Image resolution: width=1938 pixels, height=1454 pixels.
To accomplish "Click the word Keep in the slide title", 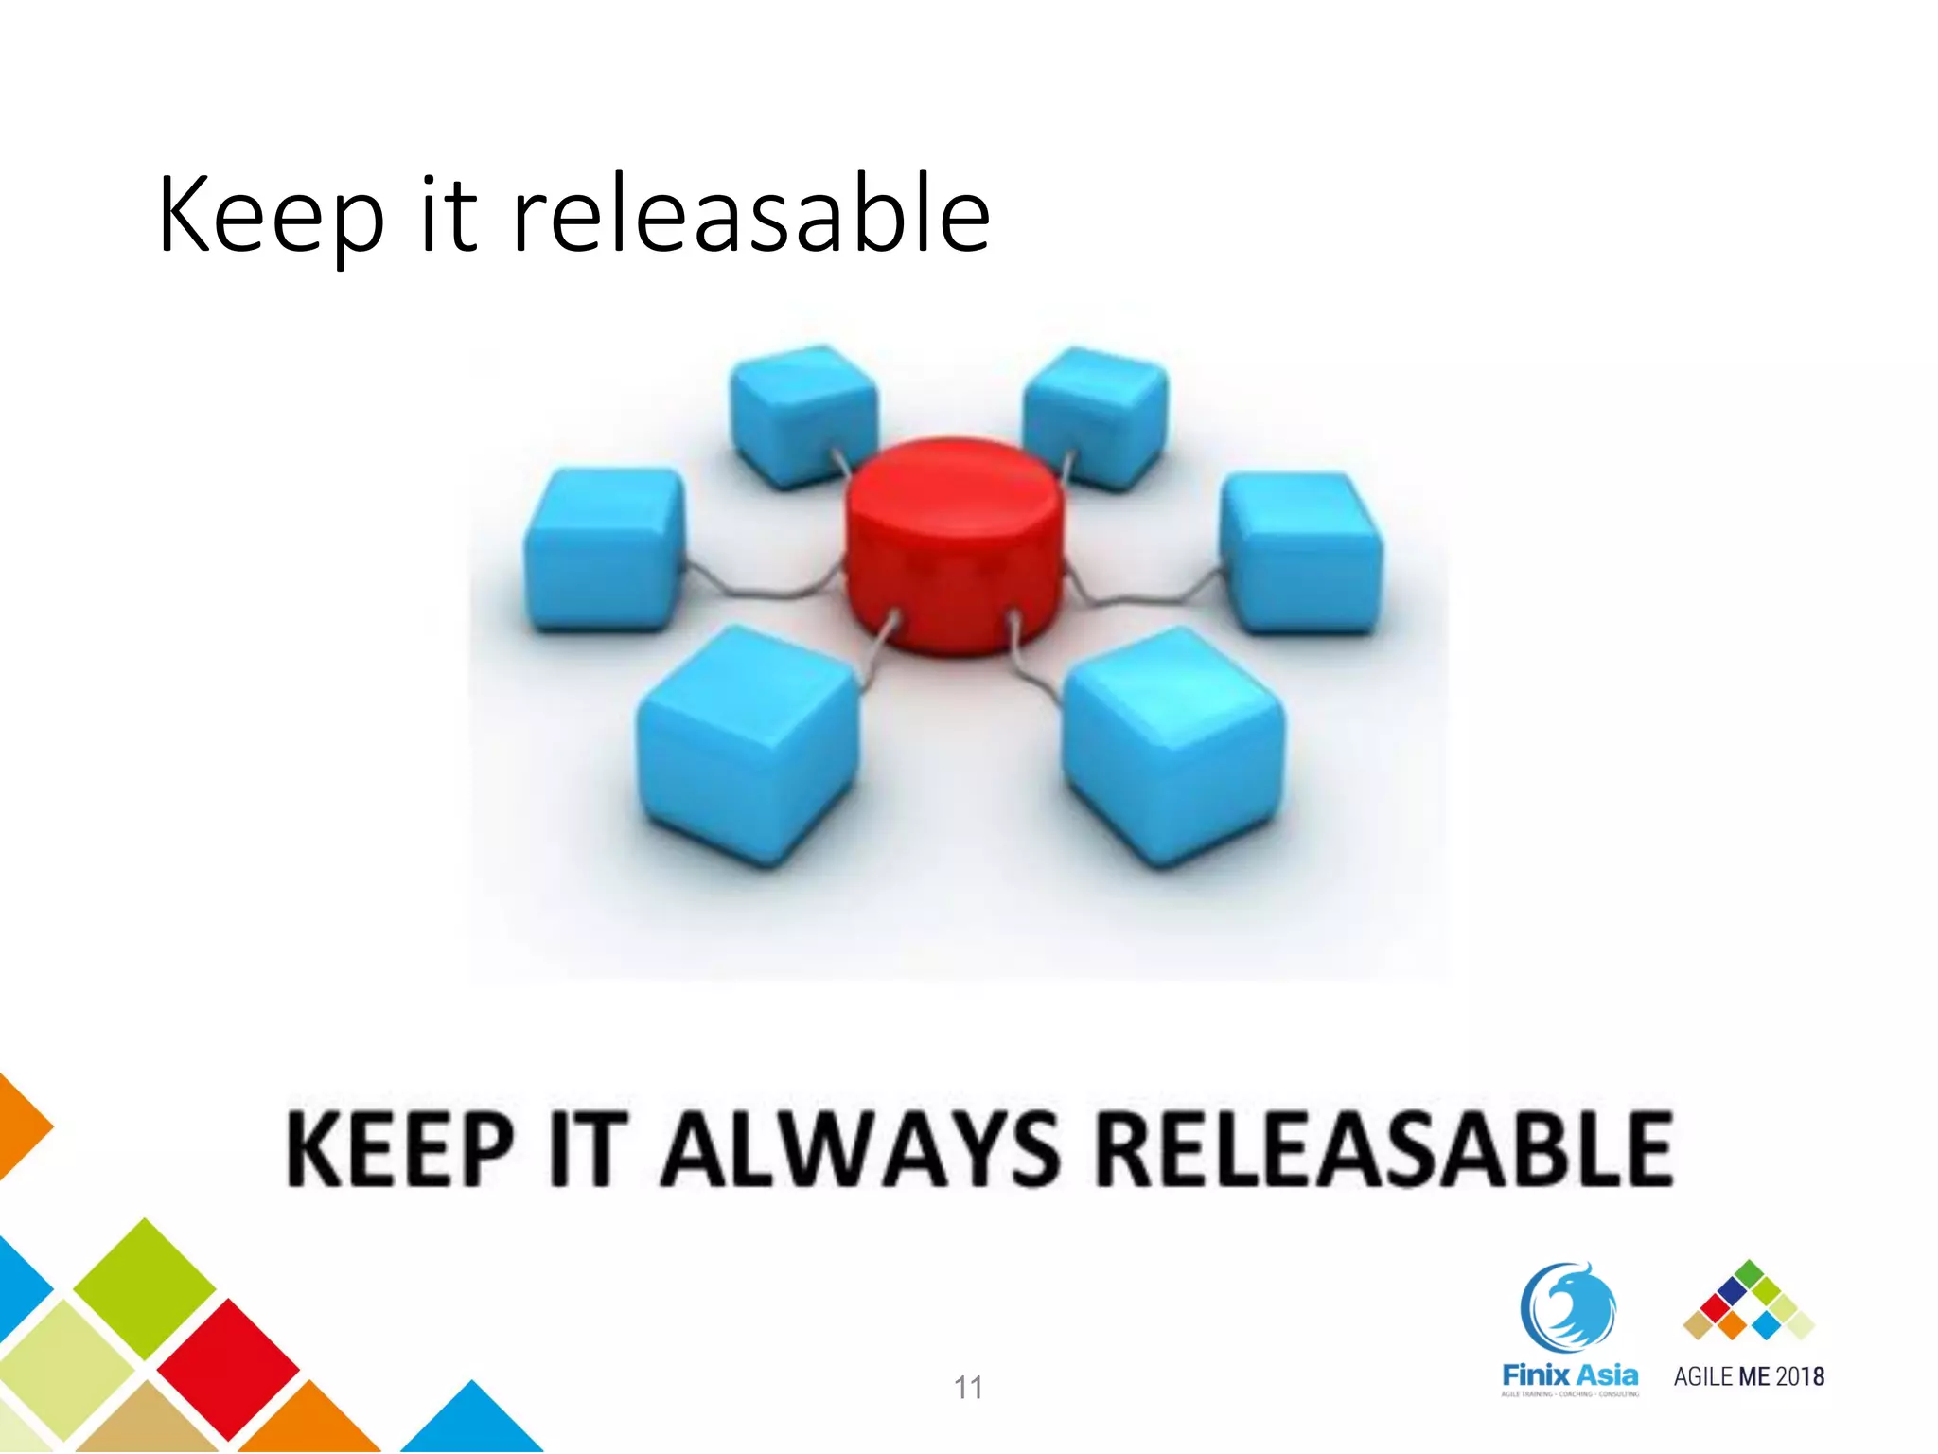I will pyautogui.click(x=271, y=216).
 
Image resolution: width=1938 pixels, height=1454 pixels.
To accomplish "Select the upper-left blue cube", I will pyautogui.click(x=803, y=416).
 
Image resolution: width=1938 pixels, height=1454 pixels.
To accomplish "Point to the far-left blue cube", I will pyautogui.click(x=604, y=549).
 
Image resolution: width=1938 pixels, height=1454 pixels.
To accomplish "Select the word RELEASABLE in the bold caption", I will pyautogui.click(x=1384, y=1150).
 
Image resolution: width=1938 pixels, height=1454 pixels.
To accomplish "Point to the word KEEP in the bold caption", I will pyautogui.click(x=400, y=1150).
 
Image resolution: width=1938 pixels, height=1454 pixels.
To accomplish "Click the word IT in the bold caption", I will pyautogui.click(x=588, y=1150).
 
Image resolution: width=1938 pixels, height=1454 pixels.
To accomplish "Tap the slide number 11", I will pyautogui.click(x=968, y=1388).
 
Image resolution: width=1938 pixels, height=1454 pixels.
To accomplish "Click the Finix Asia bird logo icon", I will pyautogui.click(x=1568, y=1307).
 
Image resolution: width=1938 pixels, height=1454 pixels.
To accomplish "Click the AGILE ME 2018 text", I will pyautogui.click(x=1749, y=1376).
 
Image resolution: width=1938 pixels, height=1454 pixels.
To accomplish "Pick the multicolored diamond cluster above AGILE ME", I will pyautogui.click(x=1749, y=1302).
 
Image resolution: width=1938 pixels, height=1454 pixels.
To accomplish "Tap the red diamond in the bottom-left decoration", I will pyautogui.click(x=228, y=1368).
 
